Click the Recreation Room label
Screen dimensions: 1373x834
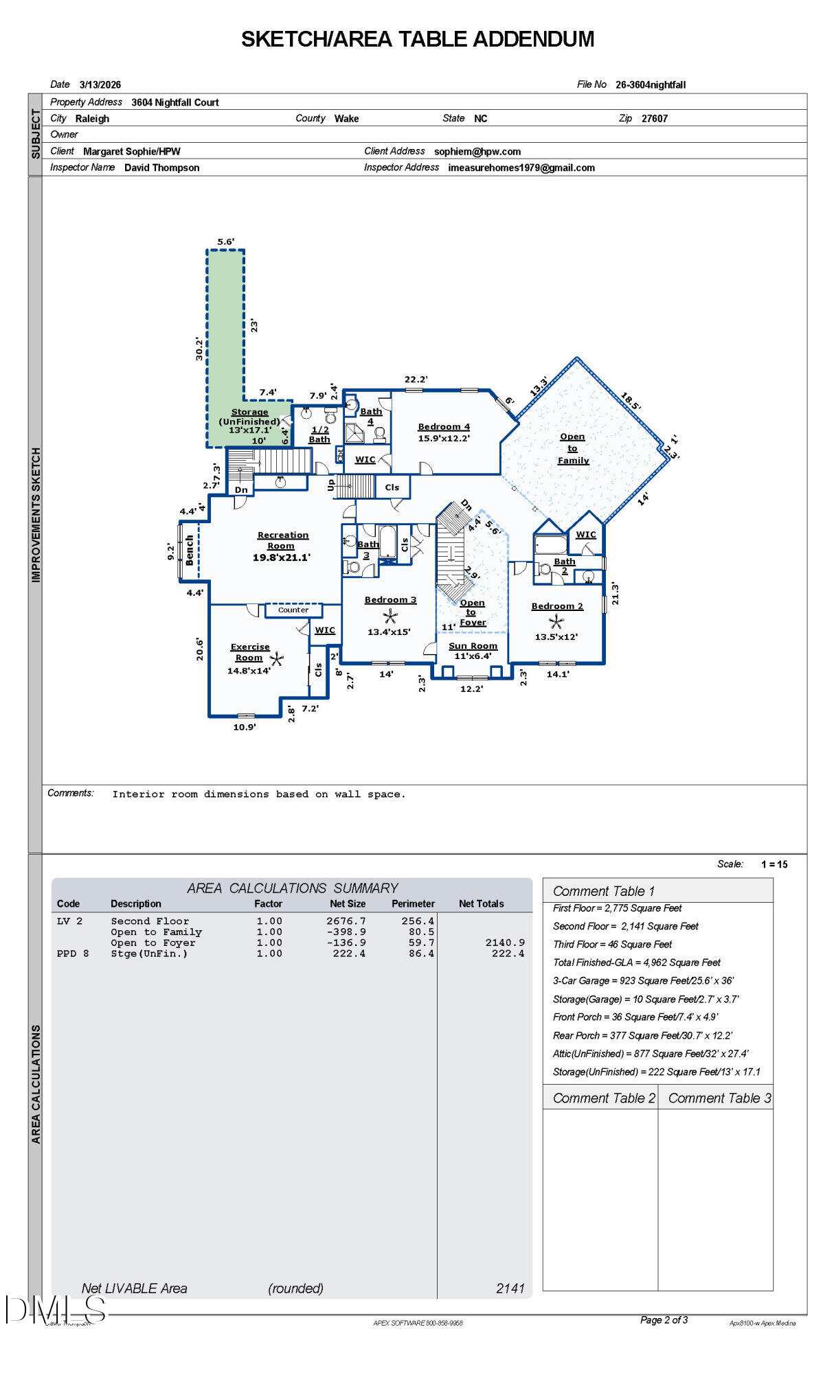tap(282, 540)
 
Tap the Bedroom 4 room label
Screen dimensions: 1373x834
tap(444, 427)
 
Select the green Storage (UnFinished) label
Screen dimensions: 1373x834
tap(249, 417)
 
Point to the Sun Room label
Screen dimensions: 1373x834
tap(473, 646)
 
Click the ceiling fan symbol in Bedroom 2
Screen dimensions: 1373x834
tap(556, 622)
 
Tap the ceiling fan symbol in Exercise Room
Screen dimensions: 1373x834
tap(276, 660)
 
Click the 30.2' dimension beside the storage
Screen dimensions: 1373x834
tap(199, 348)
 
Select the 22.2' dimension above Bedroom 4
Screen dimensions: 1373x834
tap(416, 380)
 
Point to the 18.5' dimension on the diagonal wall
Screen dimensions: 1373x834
tap(630, 402)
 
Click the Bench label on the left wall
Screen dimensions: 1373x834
tap(190, 551)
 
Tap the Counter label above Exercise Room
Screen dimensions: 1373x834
tap(293, 610)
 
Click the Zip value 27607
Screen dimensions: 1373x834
tap(654, 119)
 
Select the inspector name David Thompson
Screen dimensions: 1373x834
tap(162, 168)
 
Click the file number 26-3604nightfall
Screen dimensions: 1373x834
tap(650, 85)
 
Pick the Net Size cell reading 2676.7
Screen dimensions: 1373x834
tap(346, 921)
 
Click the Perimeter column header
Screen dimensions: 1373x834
tap(413, 904)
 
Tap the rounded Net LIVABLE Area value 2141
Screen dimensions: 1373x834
tap(510, 1289)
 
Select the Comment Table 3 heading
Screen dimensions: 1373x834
tap(719, 1098)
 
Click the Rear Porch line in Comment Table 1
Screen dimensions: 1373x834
tap(642, 1036)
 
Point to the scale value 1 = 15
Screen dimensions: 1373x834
tap(774, 865)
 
